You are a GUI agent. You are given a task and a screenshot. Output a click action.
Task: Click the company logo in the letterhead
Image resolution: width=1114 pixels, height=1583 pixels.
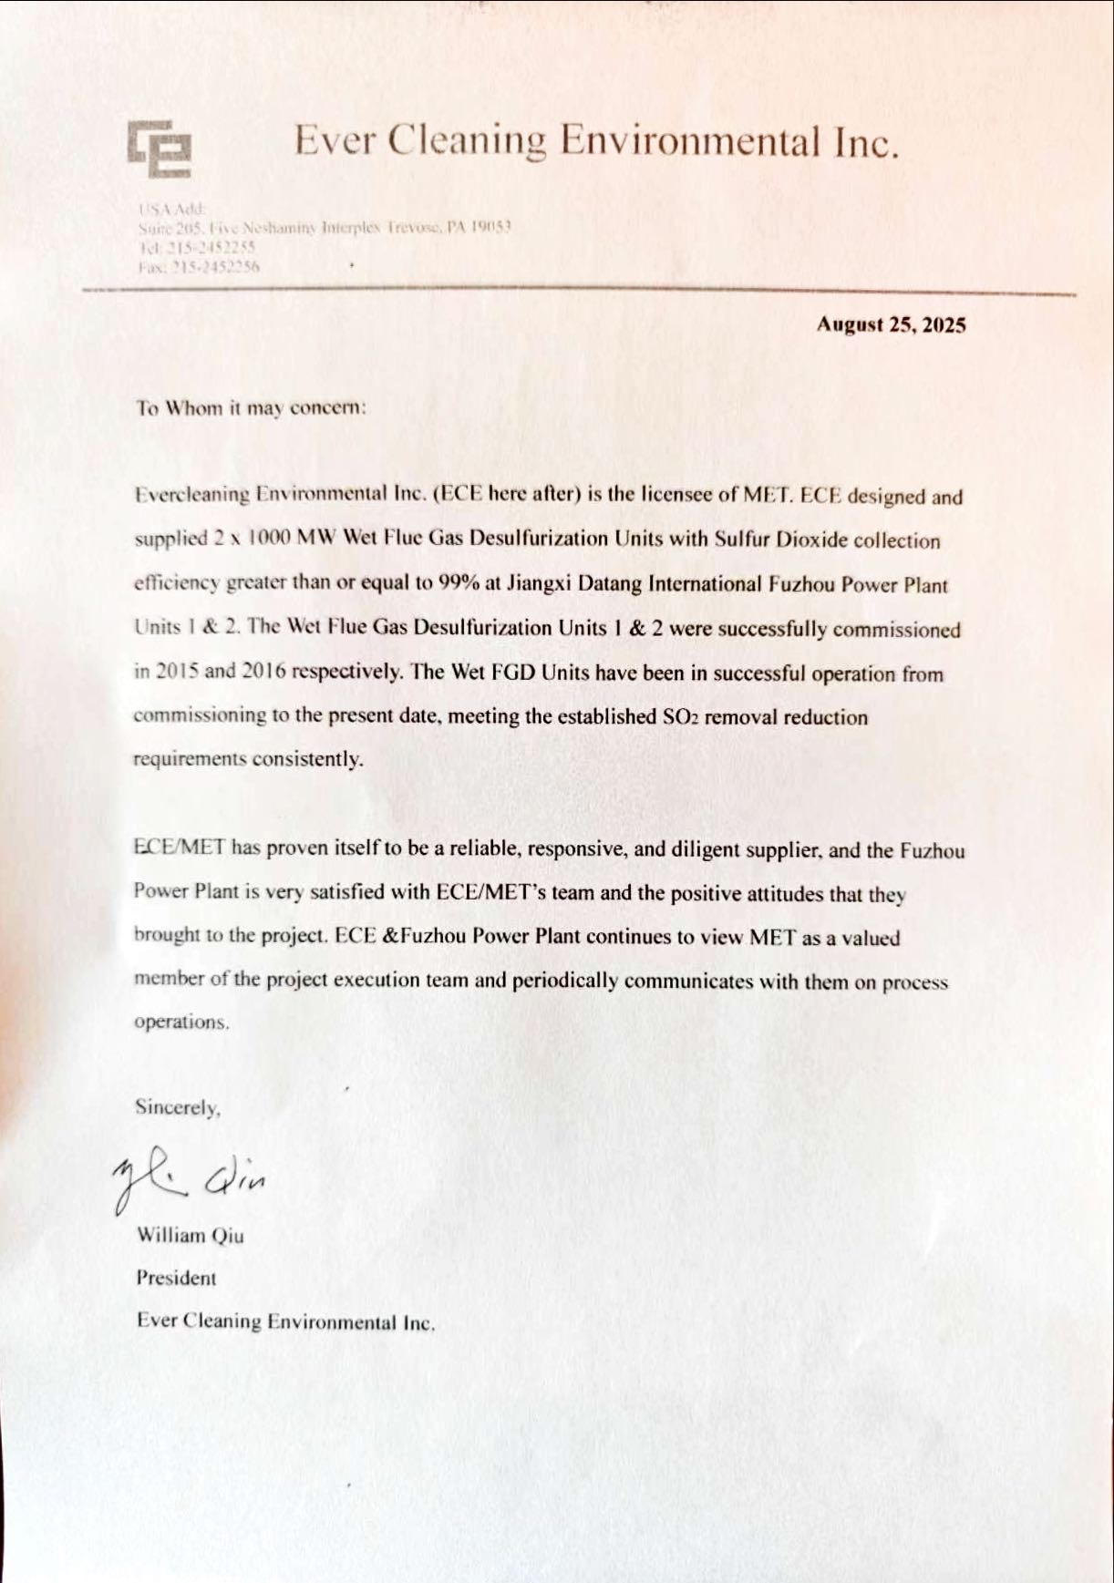pyautogui.click(x=160, y=148)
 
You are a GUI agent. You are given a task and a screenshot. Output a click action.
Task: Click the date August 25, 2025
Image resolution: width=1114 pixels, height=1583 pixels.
pyautogui.click(x=891, y=325)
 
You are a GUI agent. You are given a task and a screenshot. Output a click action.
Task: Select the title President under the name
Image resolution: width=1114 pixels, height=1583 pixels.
pyautogui.click(x=177, y=1278)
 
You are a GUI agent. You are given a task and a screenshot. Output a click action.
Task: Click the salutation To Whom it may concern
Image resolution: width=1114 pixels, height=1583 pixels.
pyautogui.click(x=252, y=407)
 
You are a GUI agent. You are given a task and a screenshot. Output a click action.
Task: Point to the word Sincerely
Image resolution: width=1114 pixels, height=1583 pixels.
pyautogui.click(x=178, y=1107)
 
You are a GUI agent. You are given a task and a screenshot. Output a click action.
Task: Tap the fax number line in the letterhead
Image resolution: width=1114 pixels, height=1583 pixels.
pyautogui.click(x=199, y=267)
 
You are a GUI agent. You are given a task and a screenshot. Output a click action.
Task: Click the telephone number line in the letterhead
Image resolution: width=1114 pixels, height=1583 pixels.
pyautogui.click(x=197, y=246)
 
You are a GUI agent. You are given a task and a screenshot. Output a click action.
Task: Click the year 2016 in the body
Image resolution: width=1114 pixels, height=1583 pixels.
pyautogui.click(x=264, y=672)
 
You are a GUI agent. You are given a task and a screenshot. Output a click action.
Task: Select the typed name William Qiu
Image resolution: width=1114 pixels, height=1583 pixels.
pyautogui.click(x=190, y=1236)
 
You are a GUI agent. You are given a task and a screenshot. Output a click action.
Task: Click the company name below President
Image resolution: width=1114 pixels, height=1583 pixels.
pyautogui.click(x=285, y=1321)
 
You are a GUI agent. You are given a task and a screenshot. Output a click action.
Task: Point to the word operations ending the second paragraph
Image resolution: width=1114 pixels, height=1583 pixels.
pyautogui.click(x=181, y=1022)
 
